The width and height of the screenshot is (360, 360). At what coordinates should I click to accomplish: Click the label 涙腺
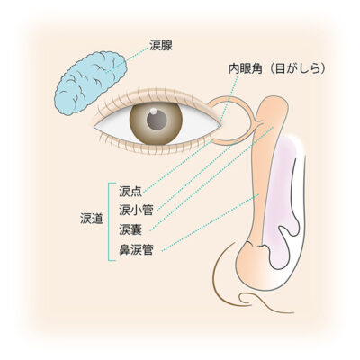(161, 46)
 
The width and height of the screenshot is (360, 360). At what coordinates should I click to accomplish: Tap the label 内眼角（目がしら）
(277, 69)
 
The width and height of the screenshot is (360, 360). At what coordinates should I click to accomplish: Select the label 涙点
(130, 192)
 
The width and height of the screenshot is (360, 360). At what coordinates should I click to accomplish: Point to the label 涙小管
(136, 211)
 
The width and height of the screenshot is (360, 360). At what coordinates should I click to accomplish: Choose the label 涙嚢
(130, 229)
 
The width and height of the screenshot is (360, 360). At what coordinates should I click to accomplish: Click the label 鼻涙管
(136, 249)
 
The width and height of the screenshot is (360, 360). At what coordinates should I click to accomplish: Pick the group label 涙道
(92, 220)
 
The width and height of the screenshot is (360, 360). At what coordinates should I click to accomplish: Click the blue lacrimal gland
(90, 83)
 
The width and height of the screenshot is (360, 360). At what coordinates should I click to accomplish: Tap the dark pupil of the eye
(157, 120)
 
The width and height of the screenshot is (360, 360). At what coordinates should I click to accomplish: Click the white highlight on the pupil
(153, 112)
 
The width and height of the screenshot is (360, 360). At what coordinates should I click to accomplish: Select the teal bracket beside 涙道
(110, 221)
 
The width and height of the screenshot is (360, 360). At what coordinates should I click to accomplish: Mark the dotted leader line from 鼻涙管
(210, 222)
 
